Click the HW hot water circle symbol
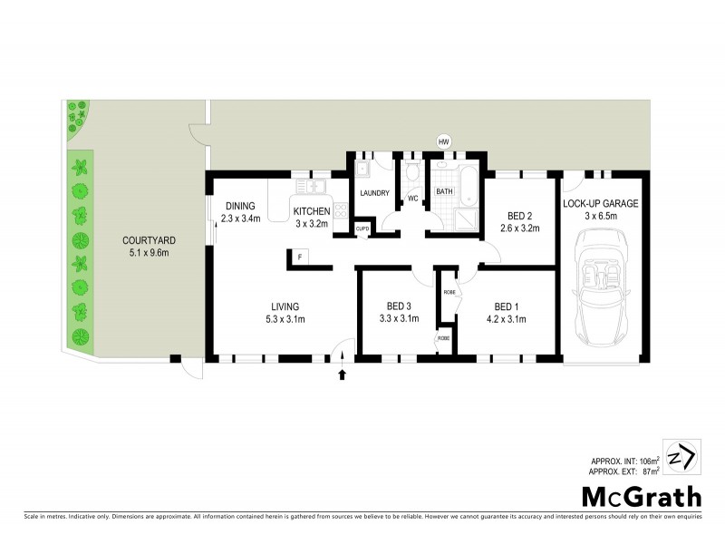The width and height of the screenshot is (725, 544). tap(443, 141)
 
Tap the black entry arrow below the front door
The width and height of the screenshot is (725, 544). tap(343, 374)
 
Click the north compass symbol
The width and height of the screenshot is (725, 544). tap(682, 456)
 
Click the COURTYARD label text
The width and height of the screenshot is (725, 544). tap(149, 240)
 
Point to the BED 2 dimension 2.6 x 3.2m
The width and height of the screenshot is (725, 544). tap(519, 228)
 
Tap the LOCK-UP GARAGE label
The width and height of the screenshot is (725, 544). tap(601, 204)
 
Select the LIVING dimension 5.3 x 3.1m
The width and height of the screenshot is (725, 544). tap(284, 319)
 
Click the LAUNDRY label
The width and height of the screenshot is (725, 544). tap(374, 193)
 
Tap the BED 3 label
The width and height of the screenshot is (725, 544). tap(400, 306)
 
